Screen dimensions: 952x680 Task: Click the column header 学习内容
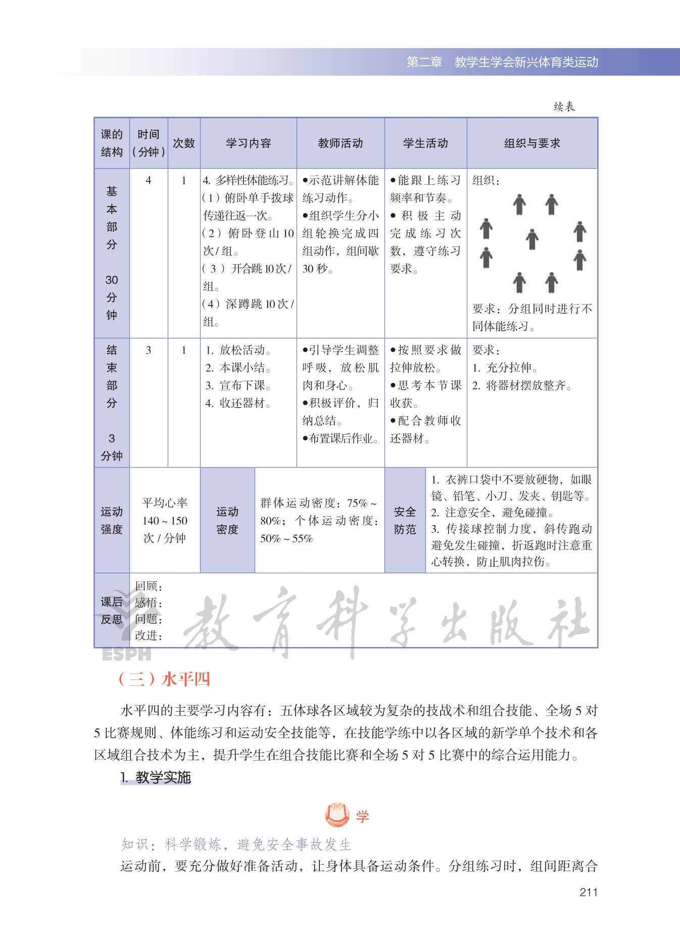(x=248, y=143)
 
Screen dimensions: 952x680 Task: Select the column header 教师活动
(x=340, y=143)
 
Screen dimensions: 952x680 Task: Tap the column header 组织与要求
(x=532, y=143)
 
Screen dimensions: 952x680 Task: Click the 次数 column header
(x=184, y=143)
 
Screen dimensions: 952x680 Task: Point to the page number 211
(x=589, y=892)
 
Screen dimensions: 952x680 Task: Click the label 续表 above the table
(x=564, y=107)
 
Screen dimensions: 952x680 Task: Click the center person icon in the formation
(x=532, y=239)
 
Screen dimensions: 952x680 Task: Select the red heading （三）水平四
(x=164, y=679)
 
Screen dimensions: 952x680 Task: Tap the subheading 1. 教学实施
(x=156, y=777)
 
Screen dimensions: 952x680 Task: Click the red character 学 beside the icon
(x=362, y=816)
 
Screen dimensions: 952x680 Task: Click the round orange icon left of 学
(x=337, y=815)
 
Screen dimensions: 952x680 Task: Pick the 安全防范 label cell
(x=405, y=520)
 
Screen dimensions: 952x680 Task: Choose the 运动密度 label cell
(x=227, y=520)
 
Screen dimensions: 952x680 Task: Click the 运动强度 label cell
(x=112, y=520)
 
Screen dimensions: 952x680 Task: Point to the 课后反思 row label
(x=112, y=610)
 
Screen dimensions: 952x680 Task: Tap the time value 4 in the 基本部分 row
(x=149, y=180)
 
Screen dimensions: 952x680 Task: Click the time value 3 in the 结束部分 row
(x=149, y=350)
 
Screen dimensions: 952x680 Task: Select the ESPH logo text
(x=126, y=654)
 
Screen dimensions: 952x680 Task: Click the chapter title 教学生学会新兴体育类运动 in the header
(x=526, y=62)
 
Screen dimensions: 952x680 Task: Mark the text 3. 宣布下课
(x=238, y=385)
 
